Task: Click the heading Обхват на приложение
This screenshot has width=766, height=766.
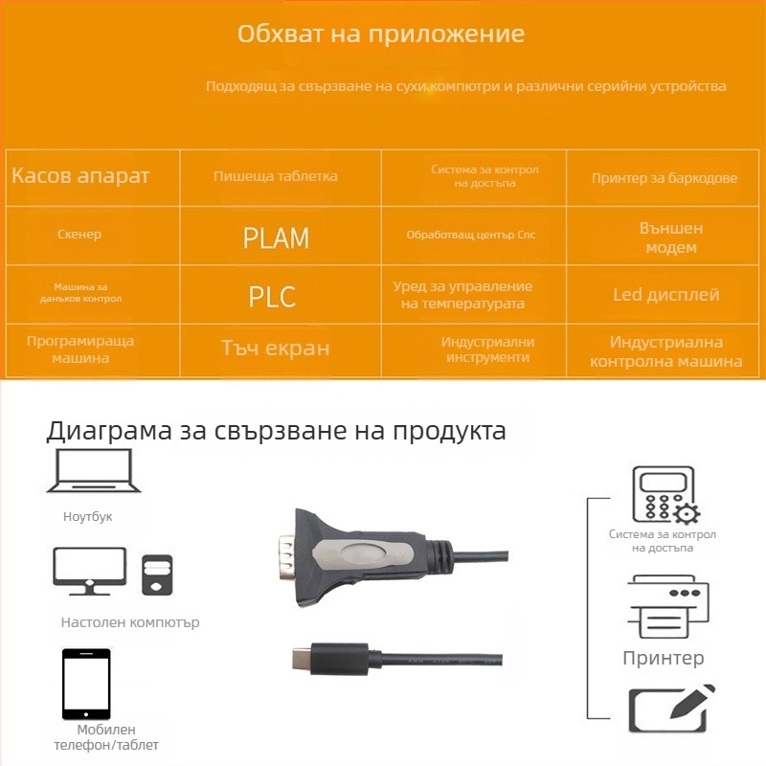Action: [380, 34]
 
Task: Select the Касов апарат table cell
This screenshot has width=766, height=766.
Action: [81, 176]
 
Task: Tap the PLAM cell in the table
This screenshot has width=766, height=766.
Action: [276, 237]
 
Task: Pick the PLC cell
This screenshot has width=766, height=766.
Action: [272, 296]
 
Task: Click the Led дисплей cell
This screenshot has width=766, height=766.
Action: [665, 295]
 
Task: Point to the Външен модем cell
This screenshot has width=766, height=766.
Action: [670, 237]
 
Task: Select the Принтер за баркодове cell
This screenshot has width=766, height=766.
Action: [665, 178]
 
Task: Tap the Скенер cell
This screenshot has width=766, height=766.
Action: [79, 235]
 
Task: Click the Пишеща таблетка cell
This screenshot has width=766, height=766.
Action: [276, 176]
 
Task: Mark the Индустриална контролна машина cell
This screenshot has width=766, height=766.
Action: [665, 351]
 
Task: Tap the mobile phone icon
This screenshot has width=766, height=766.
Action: [86, 684]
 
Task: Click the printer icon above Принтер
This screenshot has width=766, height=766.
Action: [667, 607]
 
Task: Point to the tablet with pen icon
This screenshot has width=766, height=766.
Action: [670, 709]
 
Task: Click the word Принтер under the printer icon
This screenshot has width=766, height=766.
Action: [663, 658]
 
